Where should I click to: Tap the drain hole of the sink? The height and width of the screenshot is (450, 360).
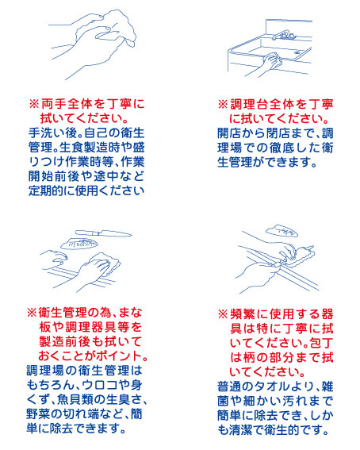(297, 53)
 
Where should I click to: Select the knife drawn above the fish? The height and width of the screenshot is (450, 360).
(103, 233)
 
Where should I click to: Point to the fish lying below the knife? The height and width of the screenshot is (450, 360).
(79, 244)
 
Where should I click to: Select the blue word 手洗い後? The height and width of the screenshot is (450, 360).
(52, 133)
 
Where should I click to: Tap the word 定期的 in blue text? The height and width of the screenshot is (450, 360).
(45, 190)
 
